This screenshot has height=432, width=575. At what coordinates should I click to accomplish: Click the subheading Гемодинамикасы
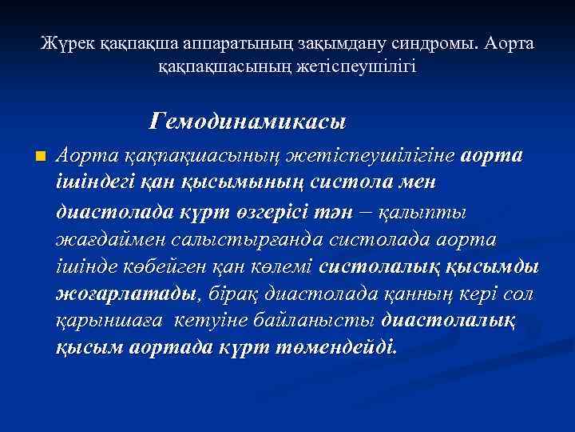[x=247, y=122]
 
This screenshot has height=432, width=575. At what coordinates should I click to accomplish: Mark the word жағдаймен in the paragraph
[x=105, y=239]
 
